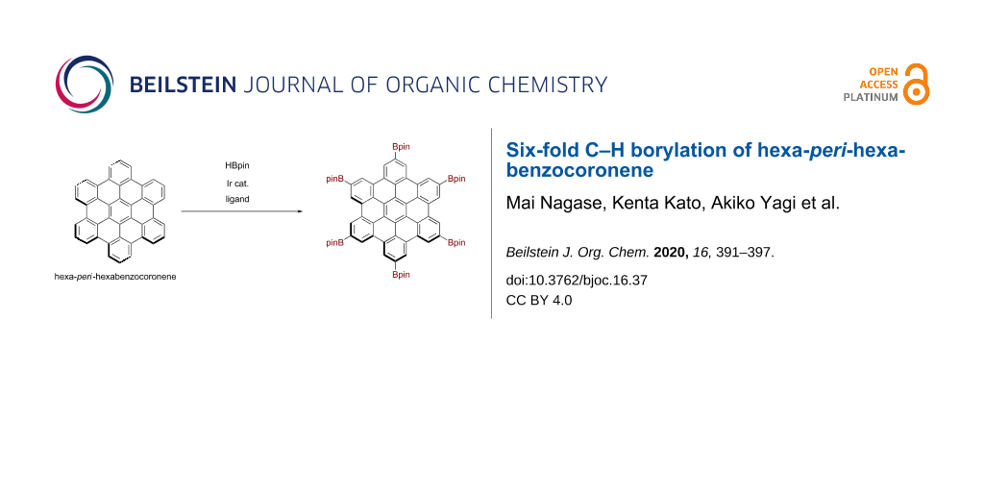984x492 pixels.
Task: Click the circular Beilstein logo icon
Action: click(x=84, y=84)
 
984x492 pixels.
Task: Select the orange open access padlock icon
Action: click(x=917, y=85)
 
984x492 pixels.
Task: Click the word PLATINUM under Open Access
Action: click(x=871, y=97)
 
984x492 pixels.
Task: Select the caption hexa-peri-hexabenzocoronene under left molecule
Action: click(x=115, y=278)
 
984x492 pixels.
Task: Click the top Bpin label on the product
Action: click(x=401, y=146)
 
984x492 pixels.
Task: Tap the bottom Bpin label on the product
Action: click(x=401, y=275)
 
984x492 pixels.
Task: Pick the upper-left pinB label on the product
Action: click(x=335, y=179)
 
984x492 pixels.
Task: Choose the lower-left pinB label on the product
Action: click(x=335, y=243)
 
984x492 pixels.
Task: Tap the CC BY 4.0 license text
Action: click(x=539, y=300)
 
